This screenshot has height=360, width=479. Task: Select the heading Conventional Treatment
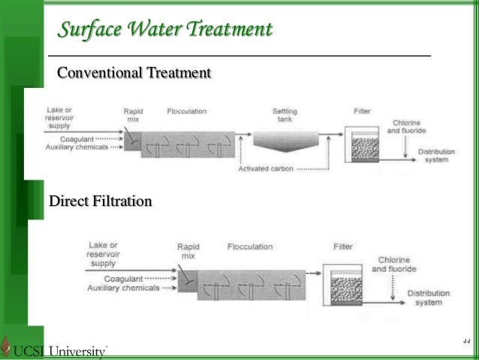coord(134,73)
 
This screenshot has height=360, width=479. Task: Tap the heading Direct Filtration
coord(100,201)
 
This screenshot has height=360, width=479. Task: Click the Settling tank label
coord(285,115)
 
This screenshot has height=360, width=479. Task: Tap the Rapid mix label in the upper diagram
coord(133,115)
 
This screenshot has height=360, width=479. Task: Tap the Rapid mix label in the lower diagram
coord(188,250)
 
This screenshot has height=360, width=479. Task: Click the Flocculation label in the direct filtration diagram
coord(249,247)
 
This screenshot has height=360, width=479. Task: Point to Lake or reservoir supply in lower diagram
coord(103,254)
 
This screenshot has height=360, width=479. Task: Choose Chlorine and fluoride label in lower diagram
coord(393,265)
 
